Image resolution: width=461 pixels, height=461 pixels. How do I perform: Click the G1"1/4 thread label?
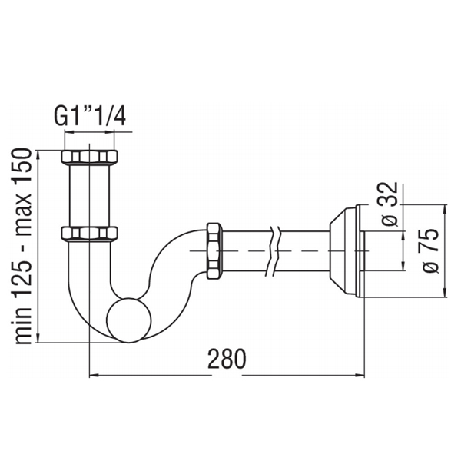coord(90,116)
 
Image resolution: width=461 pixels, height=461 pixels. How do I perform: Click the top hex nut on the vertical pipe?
coord(89,157)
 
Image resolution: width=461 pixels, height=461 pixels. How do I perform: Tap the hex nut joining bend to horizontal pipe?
coord(214,250)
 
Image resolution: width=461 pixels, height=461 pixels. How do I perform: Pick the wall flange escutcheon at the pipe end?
coord(347,250)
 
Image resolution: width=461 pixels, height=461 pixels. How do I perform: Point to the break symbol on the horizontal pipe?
coord(274,250)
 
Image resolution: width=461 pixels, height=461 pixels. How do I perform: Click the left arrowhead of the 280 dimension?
coord(94,376)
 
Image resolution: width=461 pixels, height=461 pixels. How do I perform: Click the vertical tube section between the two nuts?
coord(89,195)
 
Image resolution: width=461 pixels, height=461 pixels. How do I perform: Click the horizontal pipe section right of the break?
coord(303,250)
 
